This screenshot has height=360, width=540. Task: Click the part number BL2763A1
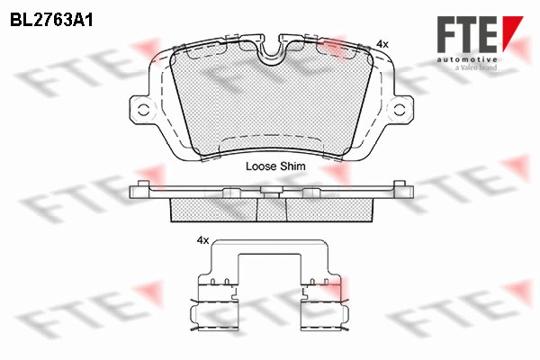[x=51, y=20]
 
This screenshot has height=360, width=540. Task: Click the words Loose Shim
[x=275, y=166]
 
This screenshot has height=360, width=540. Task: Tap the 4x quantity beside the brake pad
[x=382, y=44]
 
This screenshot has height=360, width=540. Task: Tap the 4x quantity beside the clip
[x=202, y=240]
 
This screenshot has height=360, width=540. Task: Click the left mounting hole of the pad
[x=143, y=110]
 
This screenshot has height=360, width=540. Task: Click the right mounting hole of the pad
[x=400, y=110]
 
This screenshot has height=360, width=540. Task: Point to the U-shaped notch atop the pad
[x=272, y=51]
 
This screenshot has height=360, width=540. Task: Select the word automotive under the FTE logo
[x=467, y=59]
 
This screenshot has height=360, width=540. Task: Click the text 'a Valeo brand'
[x=476, y=67]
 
